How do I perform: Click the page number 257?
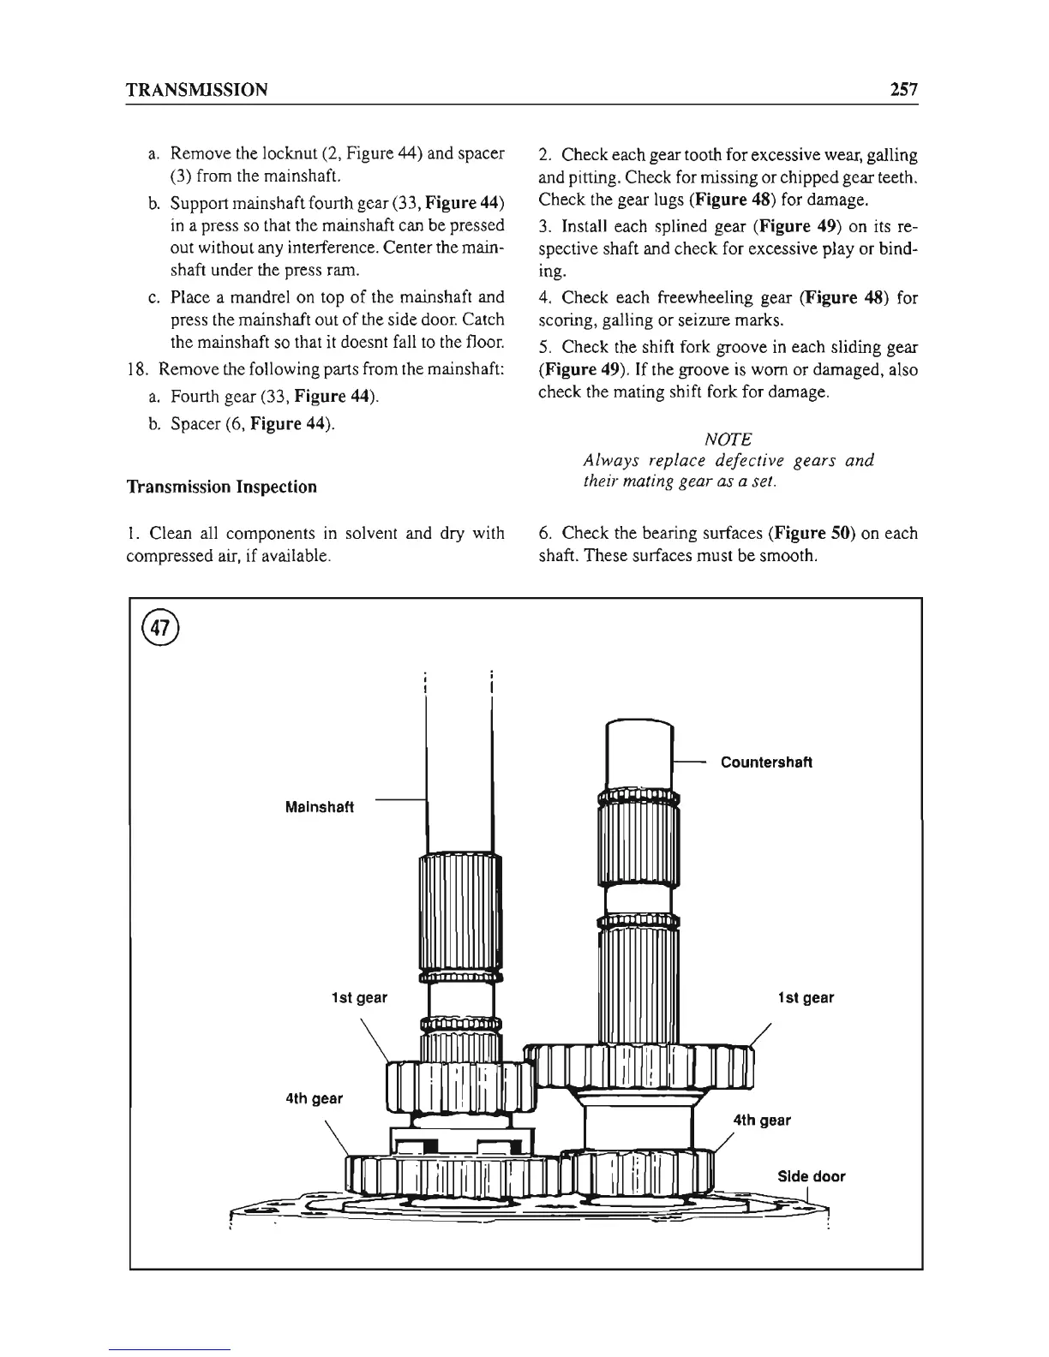pyautogui.click(x=902, y=89)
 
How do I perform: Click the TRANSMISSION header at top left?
pyautogui.click(x=196, y=89)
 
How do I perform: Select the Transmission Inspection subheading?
pyautogui.click(x=221, y=487)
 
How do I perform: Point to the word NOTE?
pyautogui.click(x=728, y=439)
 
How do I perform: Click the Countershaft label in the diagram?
pyautogui.click(x=766, y=762)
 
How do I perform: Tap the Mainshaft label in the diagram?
pyautogui.click(x=320, y=807)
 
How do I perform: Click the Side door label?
pyautogui.click(x=811, y=1176)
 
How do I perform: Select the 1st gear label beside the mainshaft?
pyautogui.click(x=359, y=997)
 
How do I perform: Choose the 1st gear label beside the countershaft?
pyautogui.click(x=806, y=997)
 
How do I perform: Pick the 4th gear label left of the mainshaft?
pyautogui.click(x=315, y=1098)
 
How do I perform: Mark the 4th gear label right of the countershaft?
pyautogui.click(x=762, y=1120)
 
